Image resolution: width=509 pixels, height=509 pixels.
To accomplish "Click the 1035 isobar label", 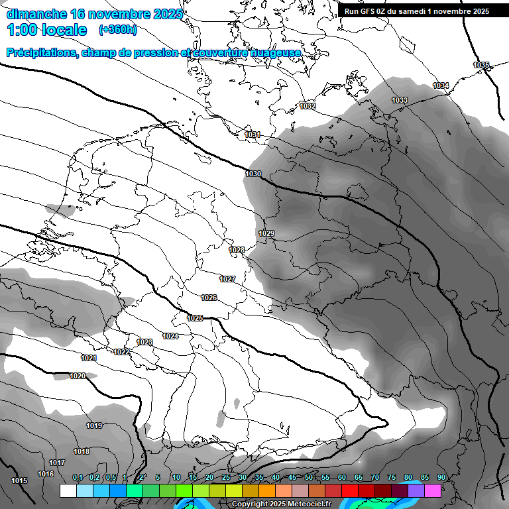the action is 481,65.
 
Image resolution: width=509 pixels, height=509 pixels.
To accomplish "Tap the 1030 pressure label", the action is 253,174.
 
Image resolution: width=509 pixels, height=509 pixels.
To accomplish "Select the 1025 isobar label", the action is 195,319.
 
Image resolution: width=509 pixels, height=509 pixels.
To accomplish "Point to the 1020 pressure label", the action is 78,376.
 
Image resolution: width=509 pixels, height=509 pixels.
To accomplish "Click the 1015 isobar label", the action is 19,481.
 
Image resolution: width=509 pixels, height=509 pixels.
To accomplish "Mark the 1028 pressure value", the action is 237,250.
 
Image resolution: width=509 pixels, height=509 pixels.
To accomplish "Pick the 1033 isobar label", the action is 400,101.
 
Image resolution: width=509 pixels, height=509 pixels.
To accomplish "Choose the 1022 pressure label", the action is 121,352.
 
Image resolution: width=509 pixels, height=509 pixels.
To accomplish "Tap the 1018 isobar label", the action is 82,451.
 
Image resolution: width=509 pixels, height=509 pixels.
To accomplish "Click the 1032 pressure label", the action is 308,106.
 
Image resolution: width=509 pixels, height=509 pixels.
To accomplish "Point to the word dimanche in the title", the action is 36,13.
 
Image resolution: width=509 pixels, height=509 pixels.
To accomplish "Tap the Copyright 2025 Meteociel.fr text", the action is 281,504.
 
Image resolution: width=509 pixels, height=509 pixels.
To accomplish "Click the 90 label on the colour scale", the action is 441,478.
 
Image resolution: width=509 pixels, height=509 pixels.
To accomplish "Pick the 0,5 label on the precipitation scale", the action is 111,478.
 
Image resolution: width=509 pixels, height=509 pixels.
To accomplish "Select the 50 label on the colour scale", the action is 309,478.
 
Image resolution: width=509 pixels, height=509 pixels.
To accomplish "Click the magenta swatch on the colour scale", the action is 433,490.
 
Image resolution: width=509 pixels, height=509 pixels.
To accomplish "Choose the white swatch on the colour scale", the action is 68,490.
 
